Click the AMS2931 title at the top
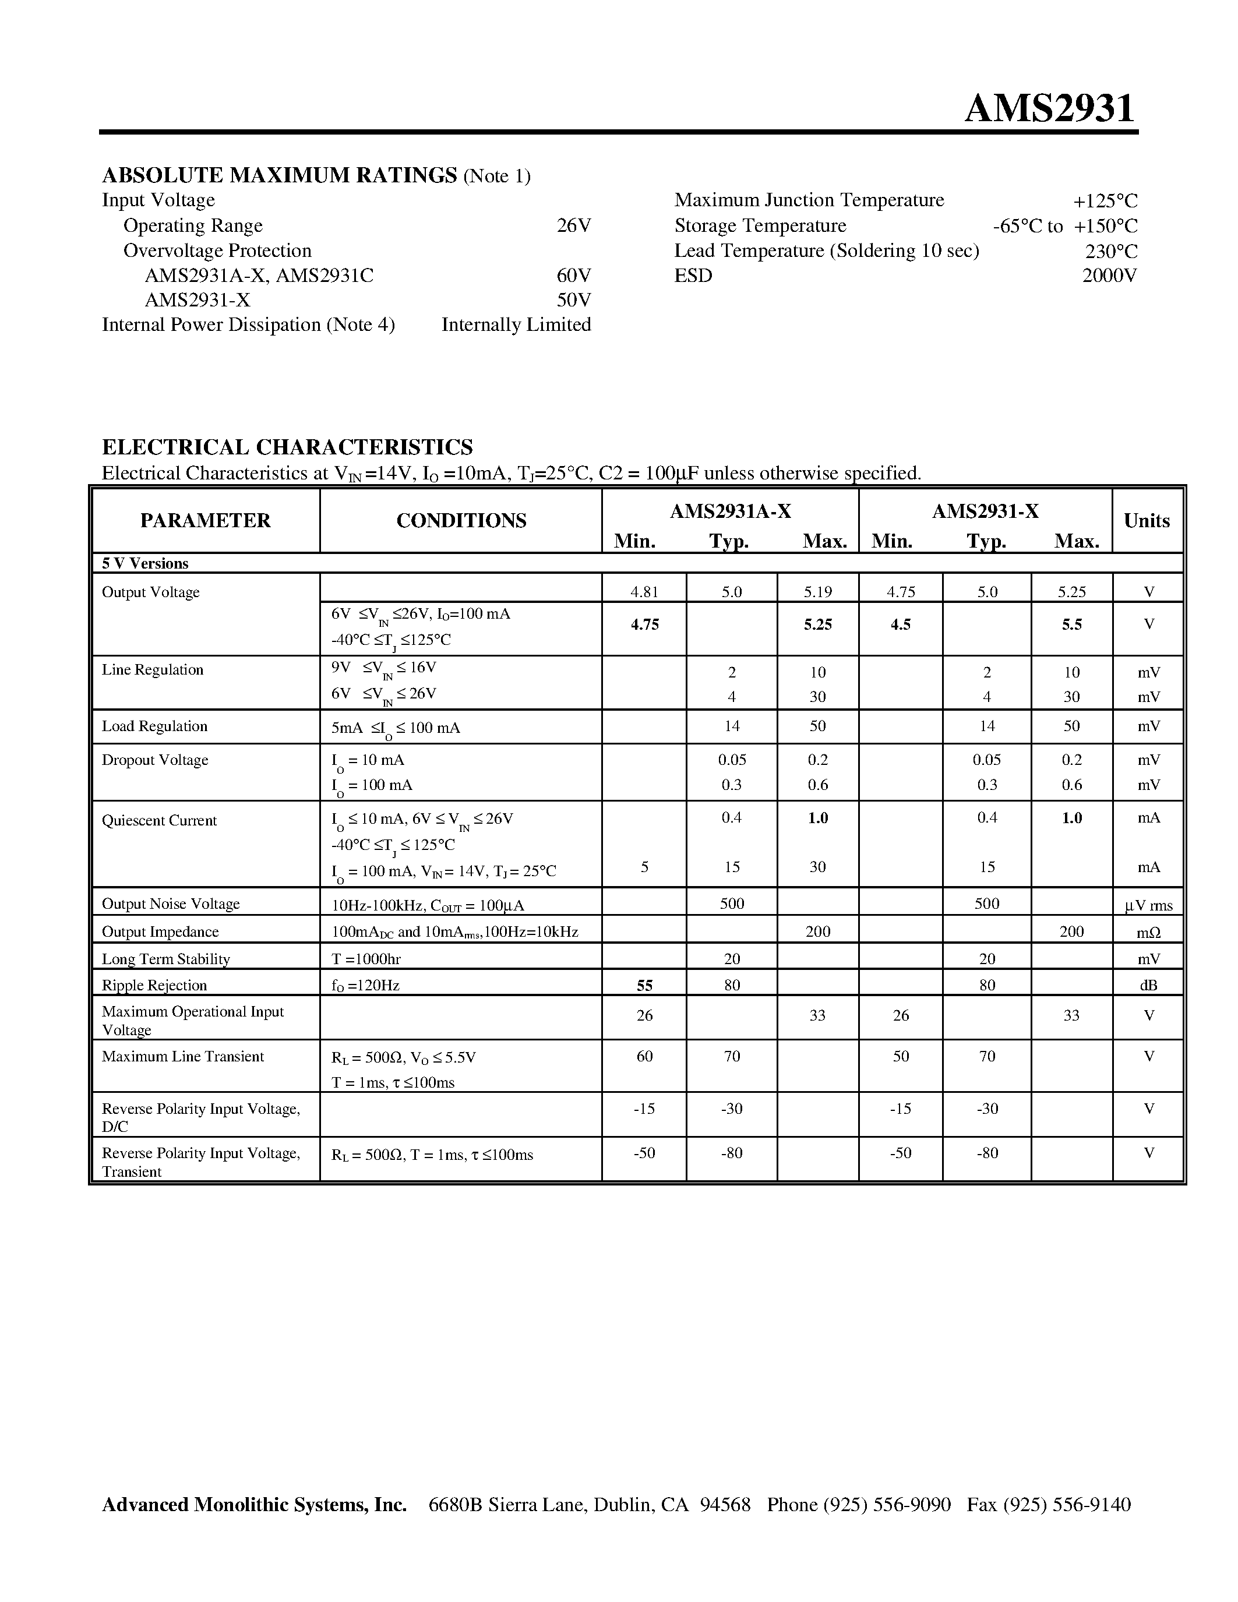click(x=1049, y=108)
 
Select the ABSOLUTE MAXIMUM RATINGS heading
click(x=280, y=175)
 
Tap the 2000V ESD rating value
click(x=1109, y=276)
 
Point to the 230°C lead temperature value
click(x=1111, y=252)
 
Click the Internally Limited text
click(x=516, y=325)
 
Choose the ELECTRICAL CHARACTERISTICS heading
click(x=287, y=447)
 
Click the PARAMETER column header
click(x=205, y=521)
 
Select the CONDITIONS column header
click(x=461, y=521)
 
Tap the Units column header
click(x=1147, y=521)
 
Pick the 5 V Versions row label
click(x=145, y=563)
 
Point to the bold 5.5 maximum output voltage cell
click(x=1071, y=624)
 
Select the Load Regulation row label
click(x=155, y=726)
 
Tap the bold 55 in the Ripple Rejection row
click(x=645, y=986)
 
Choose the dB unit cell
click(x=1148, y=986)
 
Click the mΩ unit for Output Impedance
click(x=1148, y=932)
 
